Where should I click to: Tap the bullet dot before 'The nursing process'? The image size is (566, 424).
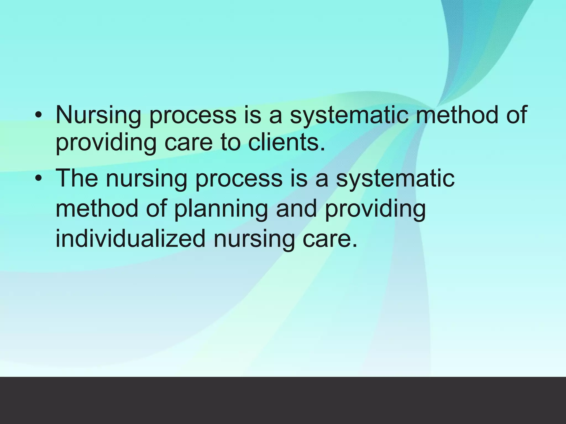39,179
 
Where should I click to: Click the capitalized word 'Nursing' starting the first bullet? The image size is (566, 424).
98,115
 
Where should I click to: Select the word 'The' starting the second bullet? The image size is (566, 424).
77,178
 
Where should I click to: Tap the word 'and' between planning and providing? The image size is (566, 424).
296,208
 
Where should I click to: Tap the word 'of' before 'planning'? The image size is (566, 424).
156,208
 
